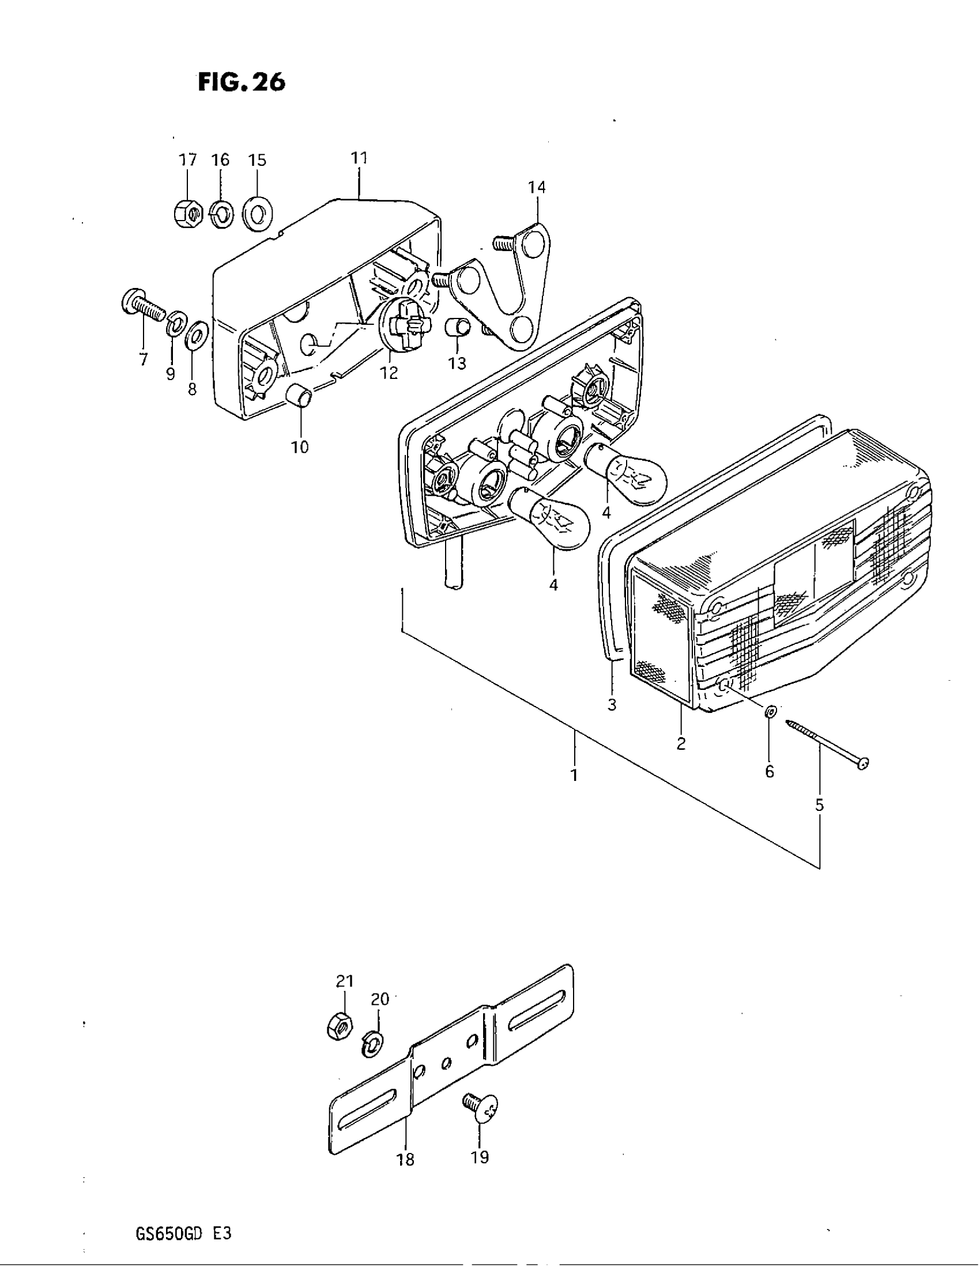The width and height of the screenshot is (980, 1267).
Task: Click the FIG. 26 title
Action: coord(242,83)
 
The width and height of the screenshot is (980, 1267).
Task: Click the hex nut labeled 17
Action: coord(187,215)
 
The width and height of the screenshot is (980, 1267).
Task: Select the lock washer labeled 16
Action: coord(221,215)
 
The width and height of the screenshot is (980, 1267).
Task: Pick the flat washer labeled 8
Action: coord(197,335)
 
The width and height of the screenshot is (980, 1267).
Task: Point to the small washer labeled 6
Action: coord(770,712)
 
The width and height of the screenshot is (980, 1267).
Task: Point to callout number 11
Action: coord(359,158)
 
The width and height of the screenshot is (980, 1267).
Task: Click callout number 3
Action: coord(612,705)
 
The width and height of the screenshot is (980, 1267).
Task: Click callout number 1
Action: coord(574,775)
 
